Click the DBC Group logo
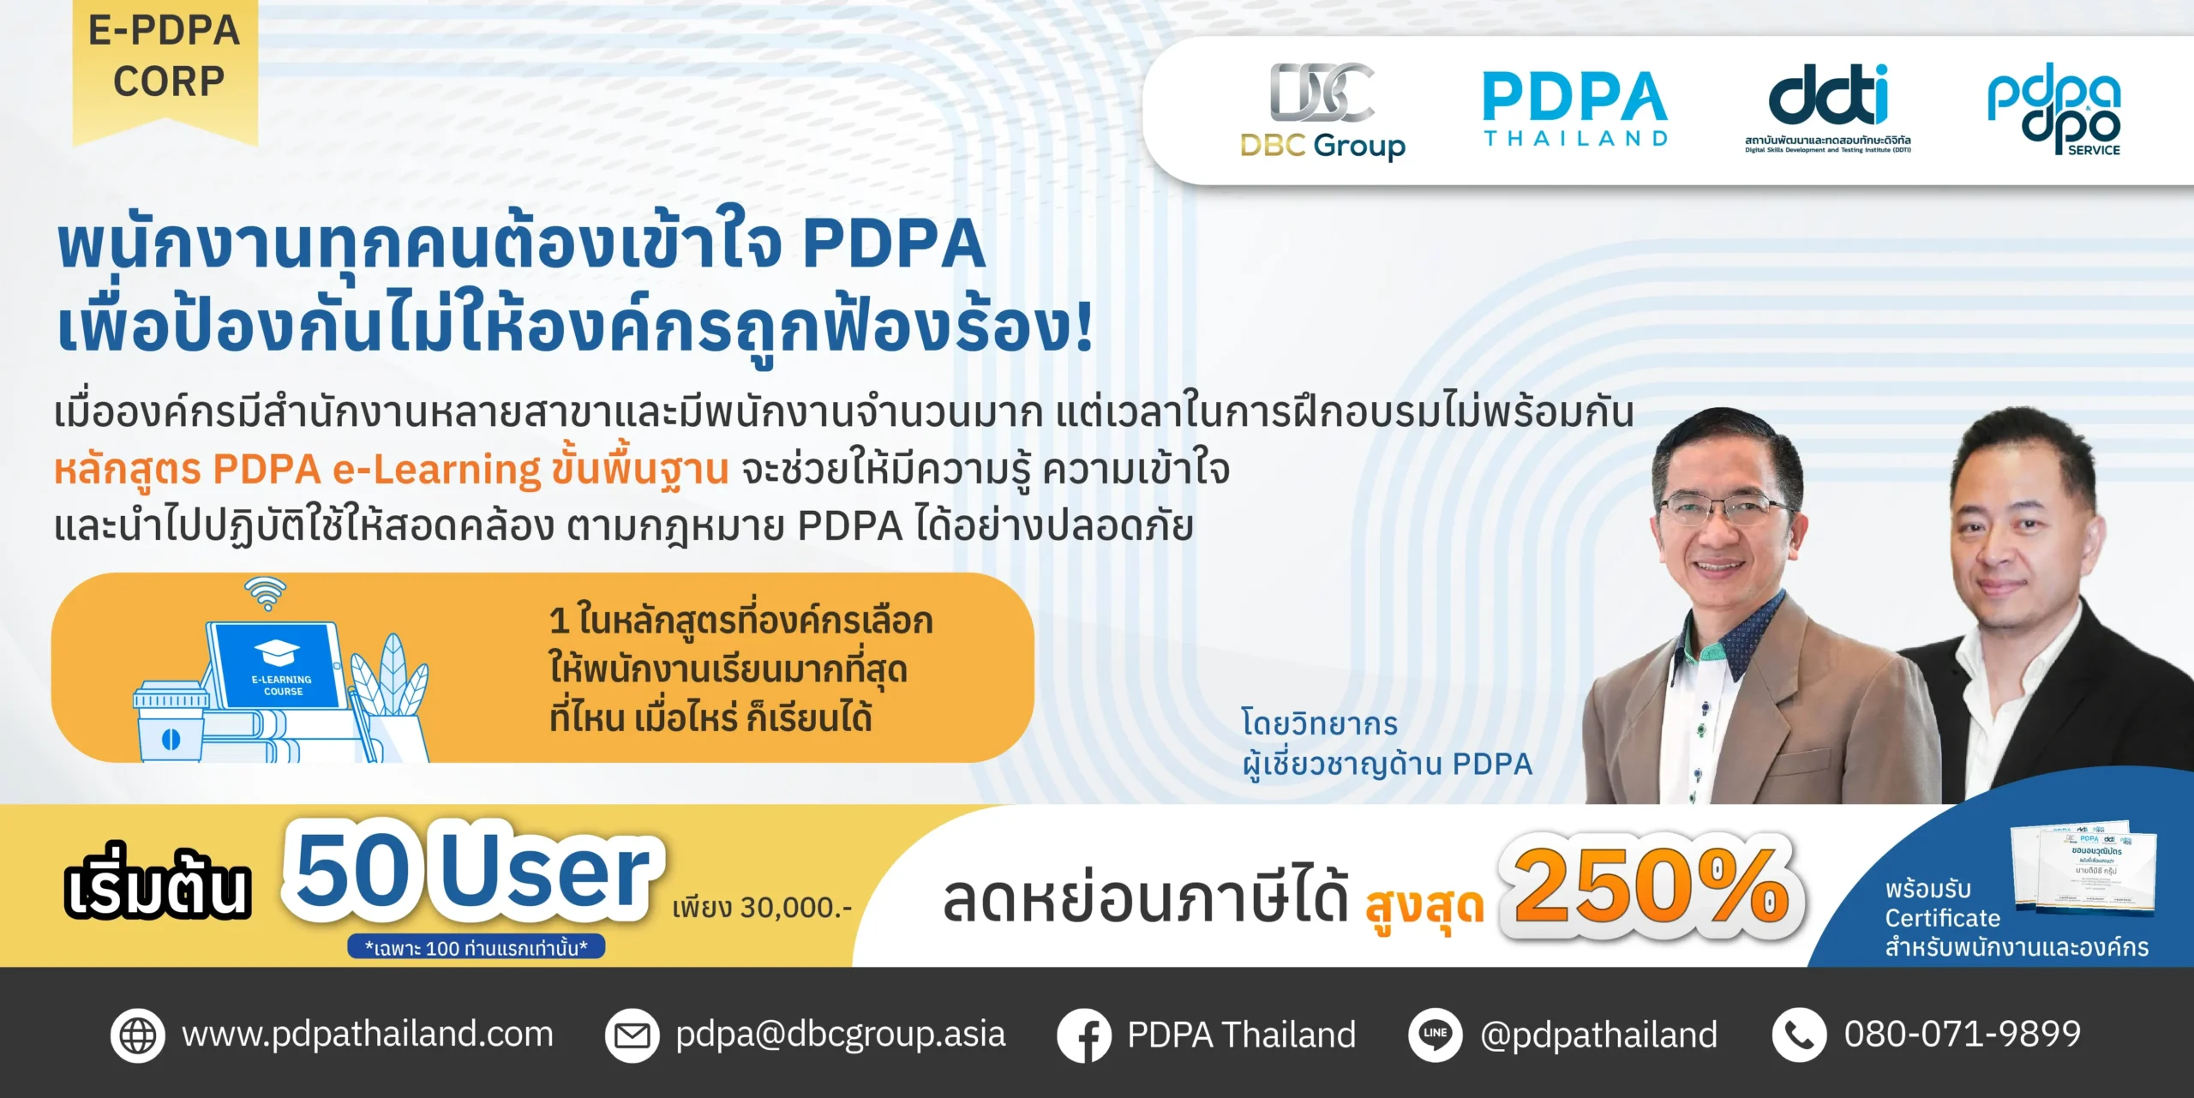click(x=1322, y=111)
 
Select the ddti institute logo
click(x=1828, y=107)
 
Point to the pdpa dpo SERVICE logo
click(x=2054, y=109)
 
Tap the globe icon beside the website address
click(x=137, y=1035)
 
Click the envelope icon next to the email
click(x=632, y=1035)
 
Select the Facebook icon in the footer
click(x=1084, y=1035)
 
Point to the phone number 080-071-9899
click(x=1963, y=1034)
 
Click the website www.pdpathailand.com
click(x=368, y=1034)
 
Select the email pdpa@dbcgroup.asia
click(x=840, y=1034)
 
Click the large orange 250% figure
click(x=1651, y=886)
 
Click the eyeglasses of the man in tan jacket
click(x=1724, y=511)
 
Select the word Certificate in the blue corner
click(x=1942, y=918)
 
